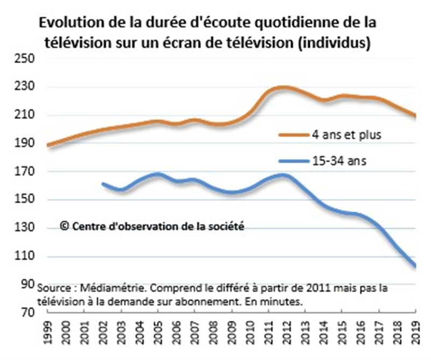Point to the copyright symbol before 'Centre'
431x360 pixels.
65,227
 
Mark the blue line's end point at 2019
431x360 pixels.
415,266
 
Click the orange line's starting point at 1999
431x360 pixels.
48,146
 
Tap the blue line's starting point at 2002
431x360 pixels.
103,184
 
